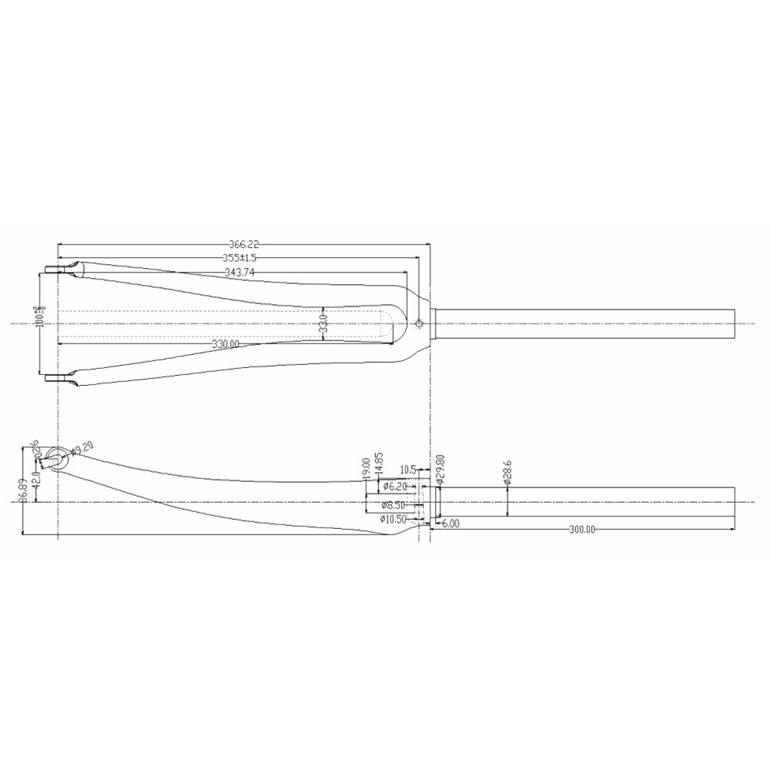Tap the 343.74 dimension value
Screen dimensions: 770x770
(240, 272)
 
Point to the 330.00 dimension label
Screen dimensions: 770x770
(226, 344)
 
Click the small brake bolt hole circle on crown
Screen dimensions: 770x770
(418, 323)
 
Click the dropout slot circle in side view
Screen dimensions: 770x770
(55, 456)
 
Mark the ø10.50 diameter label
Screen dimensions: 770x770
(393, 520)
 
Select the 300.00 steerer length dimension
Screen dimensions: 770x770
(582, 530)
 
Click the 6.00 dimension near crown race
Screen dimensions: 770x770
(450, 524)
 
